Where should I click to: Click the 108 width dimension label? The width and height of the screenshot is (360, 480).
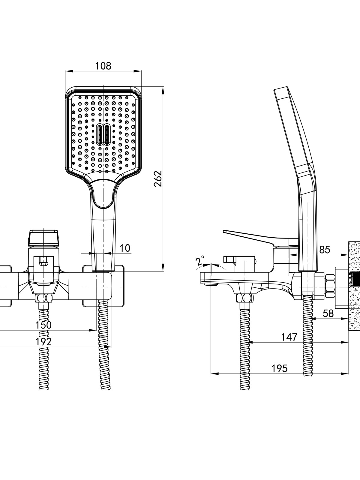103,66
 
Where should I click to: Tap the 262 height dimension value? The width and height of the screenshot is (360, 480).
158,179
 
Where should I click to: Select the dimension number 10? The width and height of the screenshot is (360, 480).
125,248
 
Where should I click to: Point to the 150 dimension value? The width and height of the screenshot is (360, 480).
43,325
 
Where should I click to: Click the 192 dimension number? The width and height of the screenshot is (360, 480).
43,342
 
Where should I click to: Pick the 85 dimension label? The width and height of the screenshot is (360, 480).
325,250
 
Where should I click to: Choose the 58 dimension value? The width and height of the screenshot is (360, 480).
328,313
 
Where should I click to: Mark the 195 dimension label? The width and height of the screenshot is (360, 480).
279,368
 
